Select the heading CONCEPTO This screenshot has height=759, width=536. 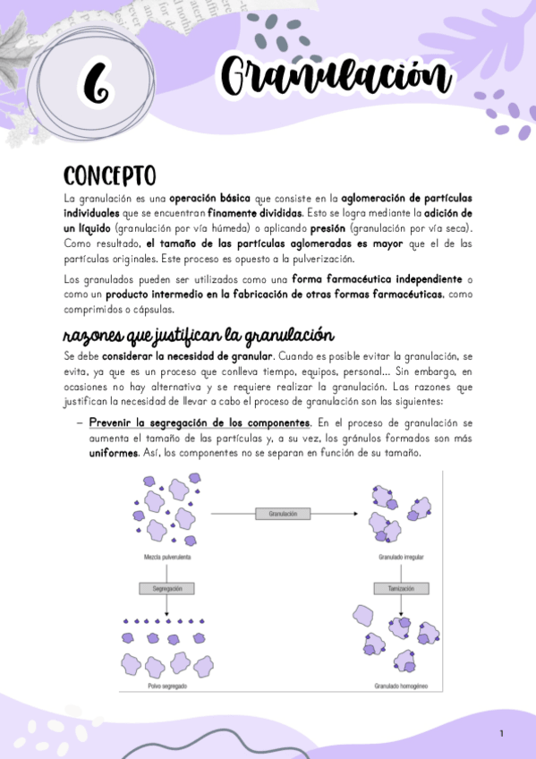pos(110,175)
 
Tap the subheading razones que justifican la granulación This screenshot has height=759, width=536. pos(198,336)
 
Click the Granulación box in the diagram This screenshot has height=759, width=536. pos(283,514)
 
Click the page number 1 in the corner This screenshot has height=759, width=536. pos(502,734)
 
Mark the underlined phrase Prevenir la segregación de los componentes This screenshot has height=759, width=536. pos(200,422)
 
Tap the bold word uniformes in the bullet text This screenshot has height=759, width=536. pos(113,453)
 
